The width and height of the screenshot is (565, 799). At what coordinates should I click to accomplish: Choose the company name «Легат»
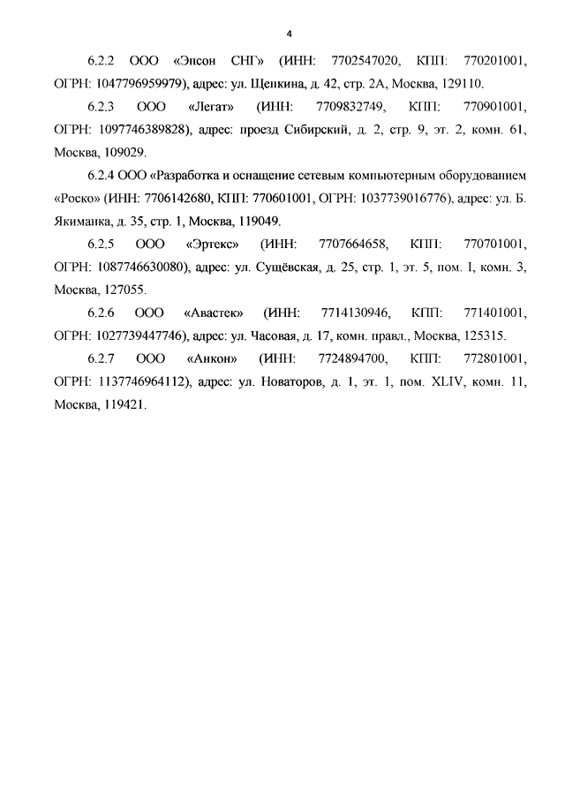tap(211, 107)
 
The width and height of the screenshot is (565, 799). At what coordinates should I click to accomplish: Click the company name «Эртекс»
tap(215, 243)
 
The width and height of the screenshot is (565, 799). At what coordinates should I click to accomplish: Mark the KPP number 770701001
tap(493, 243)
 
